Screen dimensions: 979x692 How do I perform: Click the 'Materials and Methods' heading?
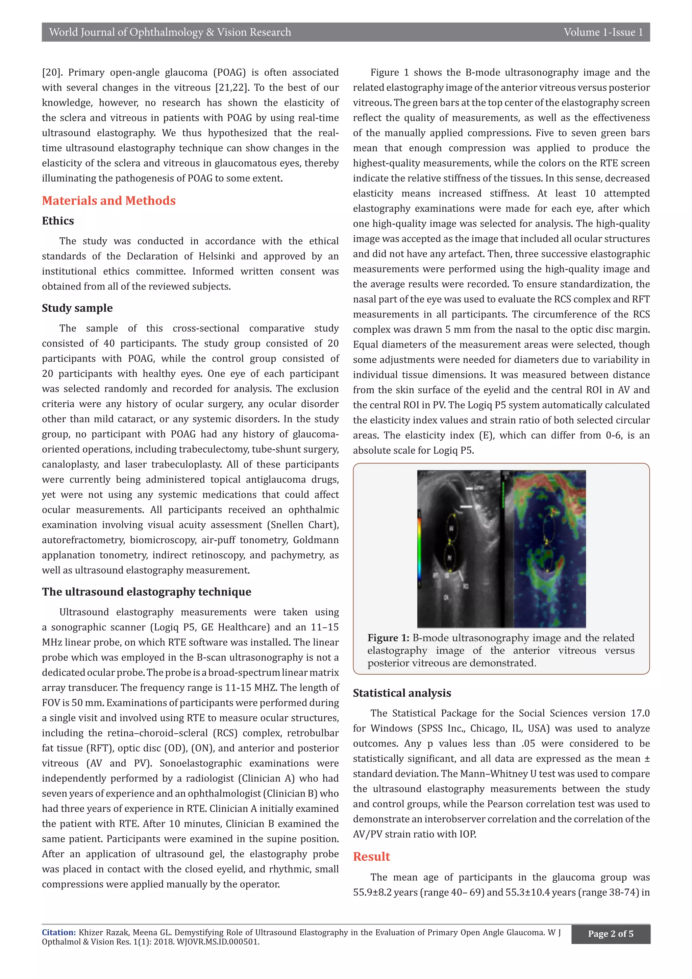109,200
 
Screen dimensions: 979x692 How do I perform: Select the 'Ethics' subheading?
58,221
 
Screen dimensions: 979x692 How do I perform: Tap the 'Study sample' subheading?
77,308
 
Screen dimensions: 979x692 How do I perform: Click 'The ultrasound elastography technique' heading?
147,592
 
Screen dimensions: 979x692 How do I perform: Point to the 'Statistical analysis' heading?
402,693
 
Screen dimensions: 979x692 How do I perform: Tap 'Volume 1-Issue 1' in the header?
603,32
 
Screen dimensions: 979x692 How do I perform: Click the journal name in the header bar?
170,32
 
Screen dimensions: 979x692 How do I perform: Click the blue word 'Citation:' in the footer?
59,933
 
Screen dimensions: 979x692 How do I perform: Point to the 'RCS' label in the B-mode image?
466,586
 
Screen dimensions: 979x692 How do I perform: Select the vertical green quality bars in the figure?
503,495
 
